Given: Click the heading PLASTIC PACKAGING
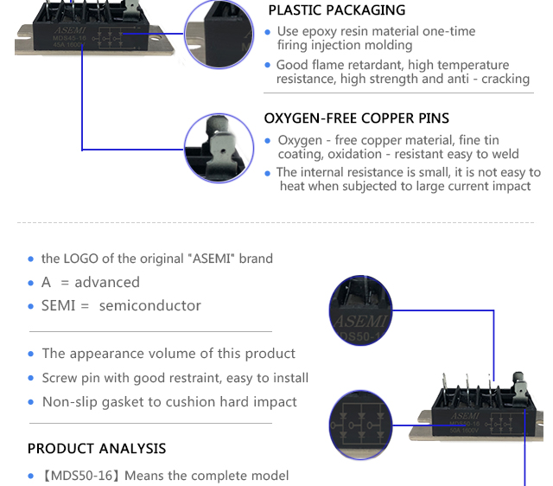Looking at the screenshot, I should pos(336,10).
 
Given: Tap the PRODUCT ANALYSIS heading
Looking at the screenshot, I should pos(97,449).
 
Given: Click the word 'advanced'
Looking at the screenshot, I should pos(107,283).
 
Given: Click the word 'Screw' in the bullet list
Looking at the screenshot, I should pos(60,378).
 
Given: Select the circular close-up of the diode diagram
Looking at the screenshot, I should pos(361,424).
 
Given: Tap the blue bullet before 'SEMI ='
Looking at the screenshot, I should pos(31,306).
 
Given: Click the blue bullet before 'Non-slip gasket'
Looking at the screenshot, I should pos(31,403).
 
